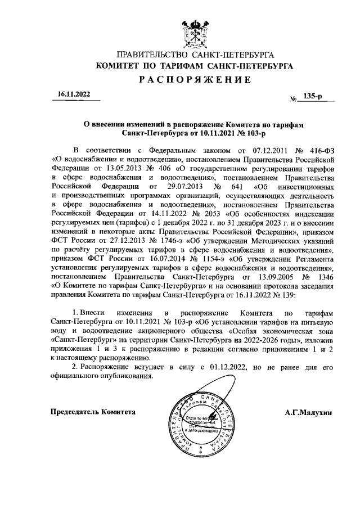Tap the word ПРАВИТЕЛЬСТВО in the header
[151, 55]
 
